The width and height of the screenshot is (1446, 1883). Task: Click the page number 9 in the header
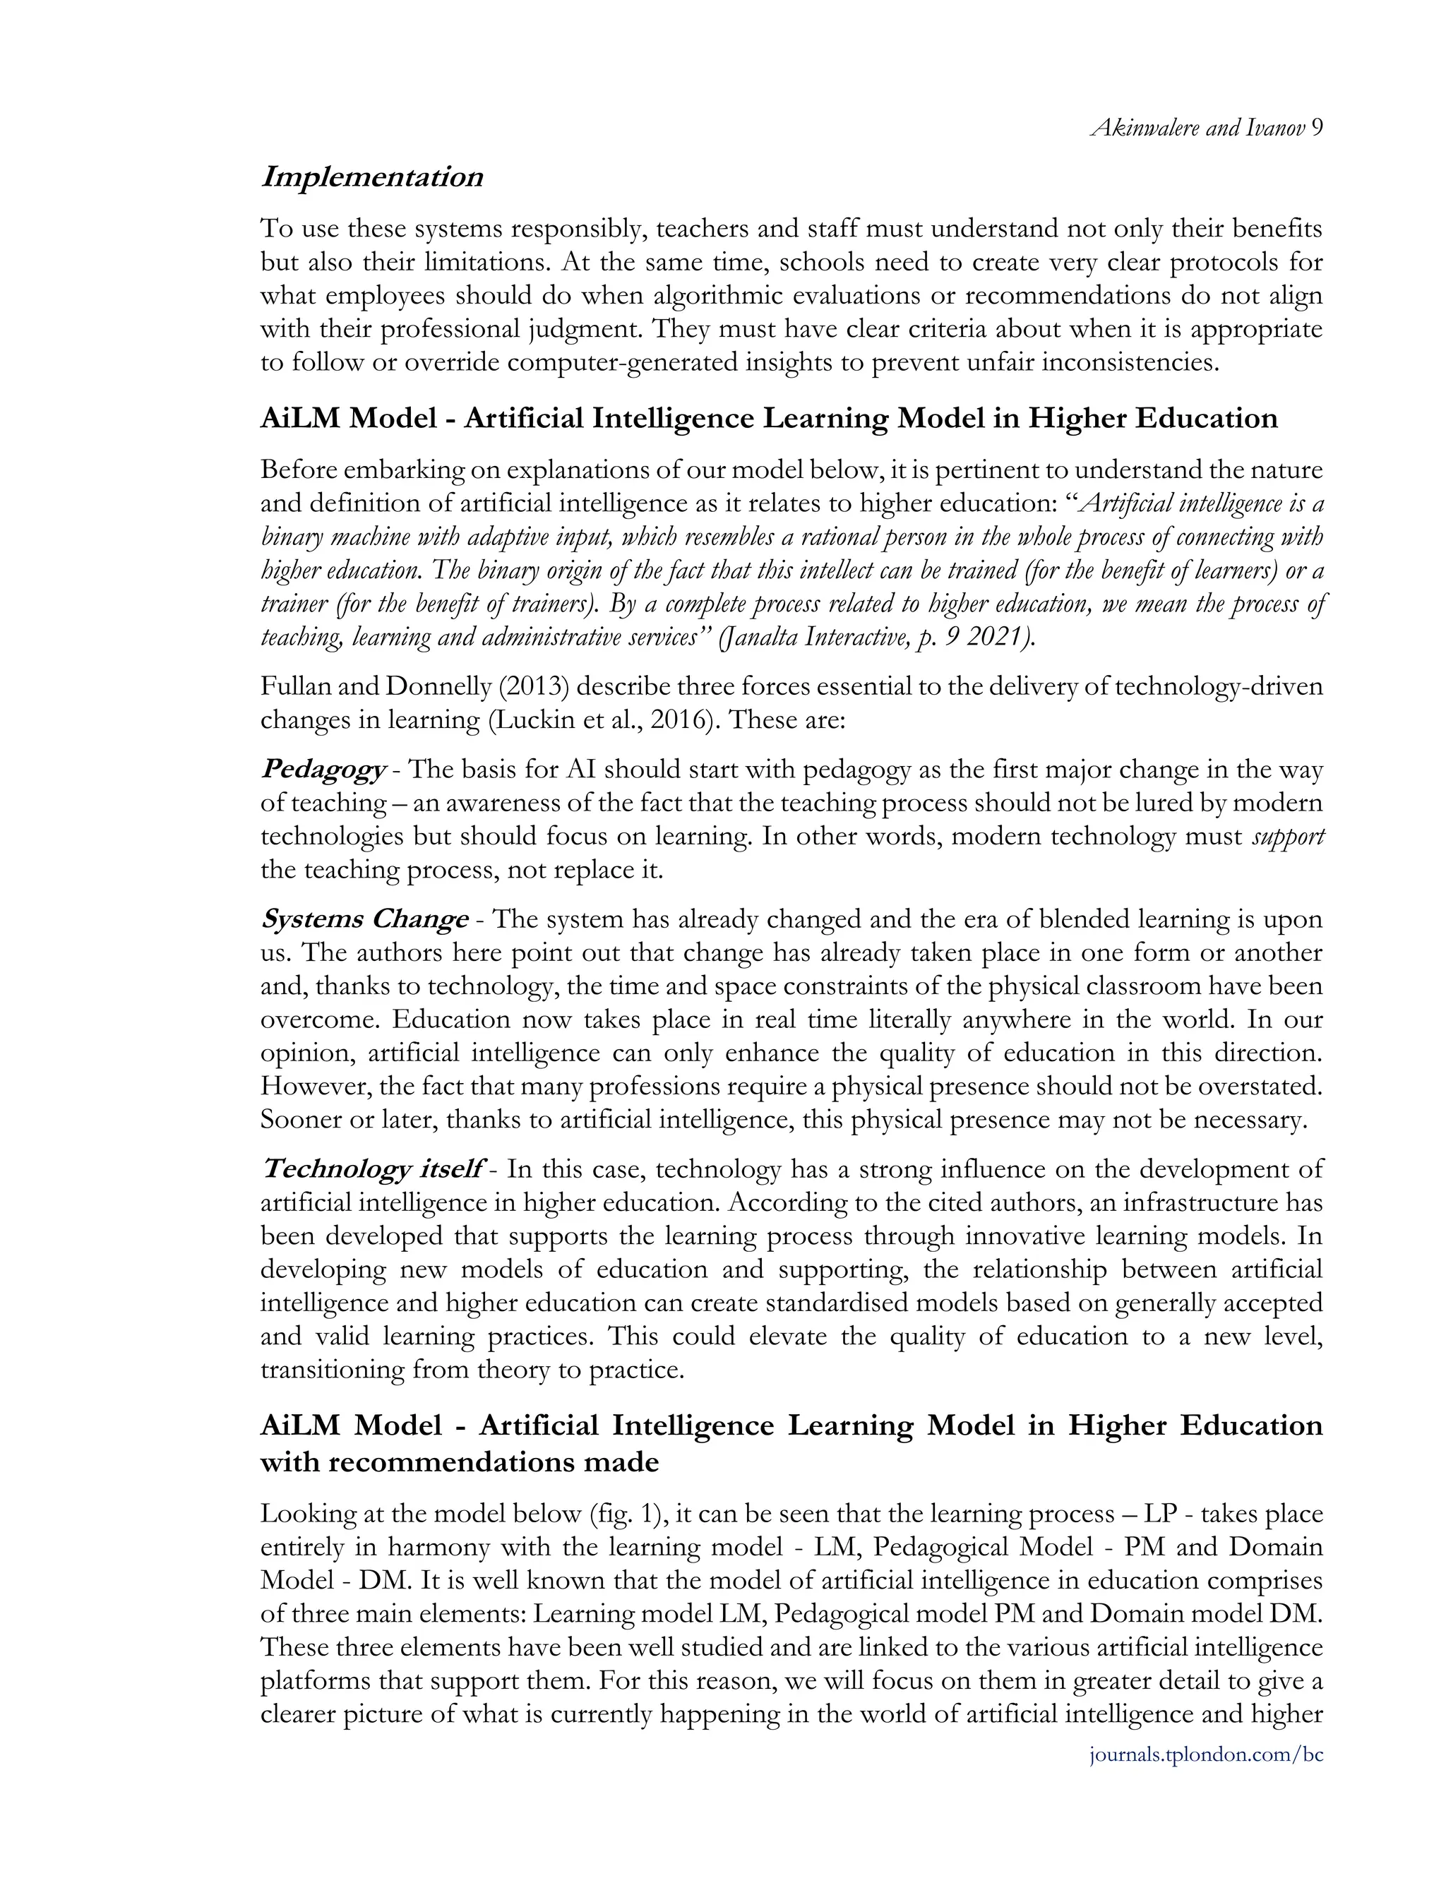click(x=1317, y=128)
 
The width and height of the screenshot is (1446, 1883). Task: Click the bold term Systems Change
click(x=365, y=919)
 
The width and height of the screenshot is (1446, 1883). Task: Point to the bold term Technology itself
click(x=371, y=1170)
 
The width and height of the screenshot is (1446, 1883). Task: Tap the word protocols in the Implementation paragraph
click(x=1217, y=262)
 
